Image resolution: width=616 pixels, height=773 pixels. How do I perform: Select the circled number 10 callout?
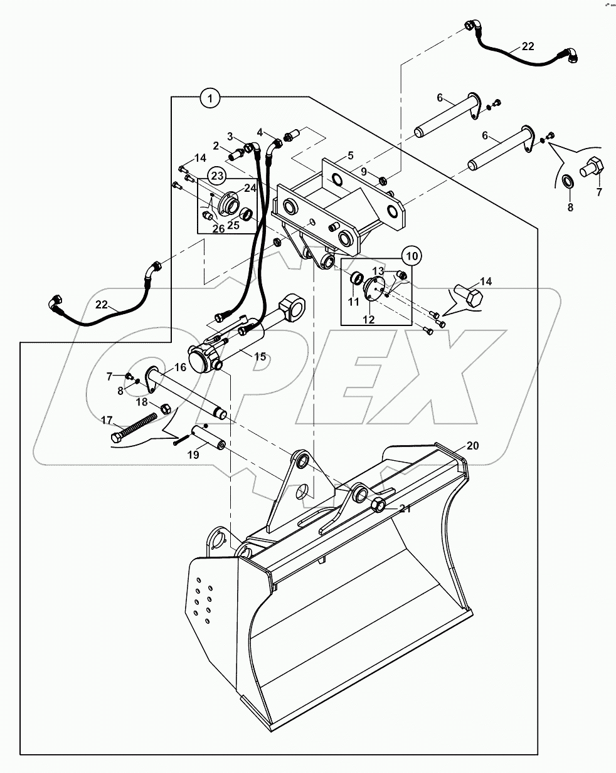(412, 256)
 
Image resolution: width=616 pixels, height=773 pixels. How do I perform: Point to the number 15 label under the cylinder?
(260, 357)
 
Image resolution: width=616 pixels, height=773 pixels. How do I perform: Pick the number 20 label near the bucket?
(472, 446)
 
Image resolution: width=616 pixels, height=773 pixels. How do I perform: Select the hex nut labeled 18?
(166, 408)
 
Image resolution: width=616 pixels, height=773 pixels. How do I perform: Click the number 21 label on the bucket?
(405, 508)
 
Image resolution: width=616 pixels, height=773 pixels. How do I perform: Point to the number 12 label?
(368, 319)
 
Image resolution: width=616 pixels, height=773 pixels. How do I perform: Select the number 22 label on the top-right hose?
(528, 46)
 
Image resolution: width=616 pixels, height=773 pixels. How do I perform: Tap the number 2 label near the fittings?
(216, 145)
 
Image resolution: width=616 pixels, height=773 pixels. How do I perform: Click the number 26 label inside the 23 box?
(218, 229)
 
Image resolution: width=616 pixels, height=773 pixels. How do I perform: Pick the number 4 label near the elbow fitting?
(259, 132)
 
